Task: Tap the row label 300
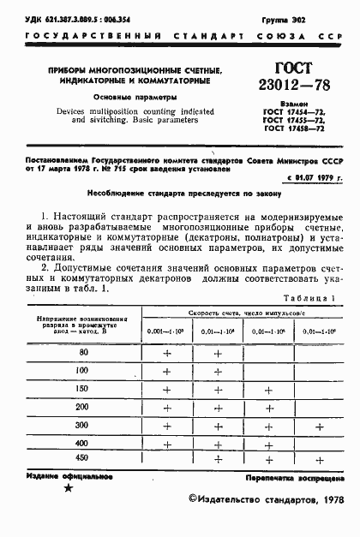point(83,425)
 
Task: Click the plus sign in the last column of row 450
point(318,461)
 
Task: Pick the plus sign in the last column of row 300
point(318,425)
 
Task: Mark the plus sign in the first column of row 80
point(167,353)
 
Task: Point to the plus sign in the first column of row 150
point(167,389)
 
